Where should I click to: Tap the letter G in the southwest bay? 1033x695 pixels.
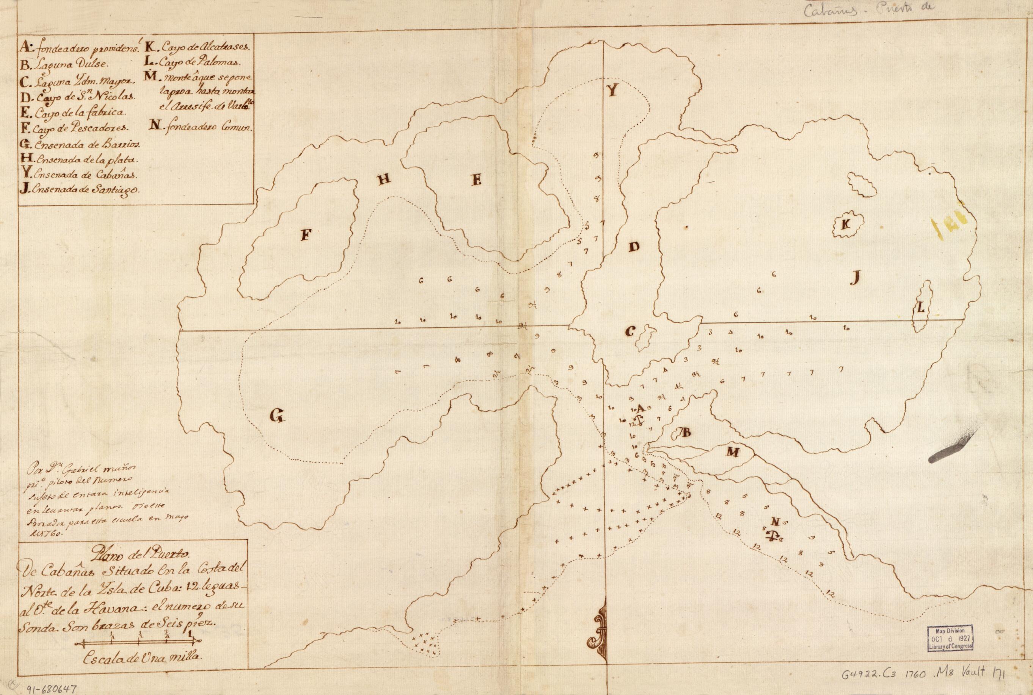coord(276,415)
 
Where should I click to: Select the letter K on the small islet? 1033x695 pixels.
coord(845,225)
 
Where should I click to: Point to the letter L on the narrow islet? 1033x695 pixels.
coord(920,309)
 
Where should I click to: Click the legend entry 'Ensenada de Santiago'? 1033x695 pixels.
coord(79,190)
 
